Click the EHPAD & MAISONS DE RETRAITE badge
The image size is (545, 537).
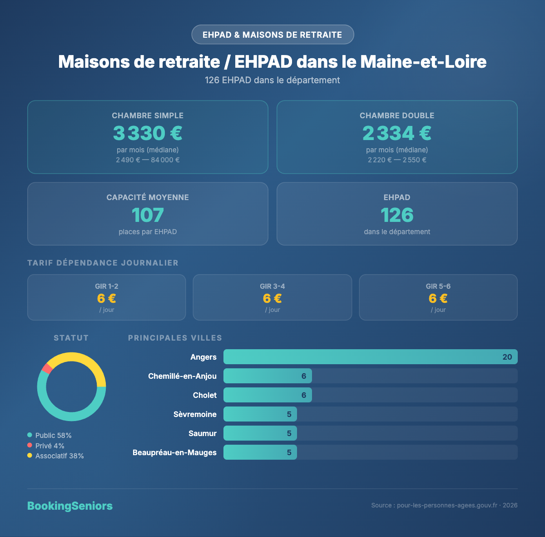272,35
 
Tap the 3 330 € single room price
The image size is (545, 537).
148,133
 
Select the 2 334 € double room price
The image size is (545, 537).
397,133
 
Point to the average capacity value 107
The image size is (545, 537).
148,215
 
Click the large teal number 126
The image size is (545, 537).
397,215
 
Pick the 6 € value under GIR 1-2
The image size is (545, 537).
107,298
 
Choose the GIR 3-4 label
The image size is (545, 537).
272,286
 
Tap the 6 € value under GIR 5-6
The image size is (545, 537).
438,298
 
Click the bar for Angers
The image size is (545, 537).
370,357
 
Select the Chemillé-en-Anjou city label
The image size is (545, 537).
182,376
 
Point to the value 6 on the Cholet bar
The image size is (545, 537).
304,395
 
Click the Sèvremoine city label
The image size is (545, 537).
195,414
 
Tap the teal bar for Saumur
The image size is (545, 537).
260,433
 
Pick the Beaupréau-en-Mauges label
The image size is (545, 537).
174,452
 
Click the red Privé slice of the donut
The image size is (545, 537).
46,368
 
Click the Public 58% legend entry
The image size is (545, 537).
53,435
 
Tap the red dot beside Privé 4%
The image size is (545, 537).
30,446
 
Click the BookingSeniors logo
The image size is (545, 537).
70,506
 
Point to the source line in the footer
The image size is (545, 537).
444,505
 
